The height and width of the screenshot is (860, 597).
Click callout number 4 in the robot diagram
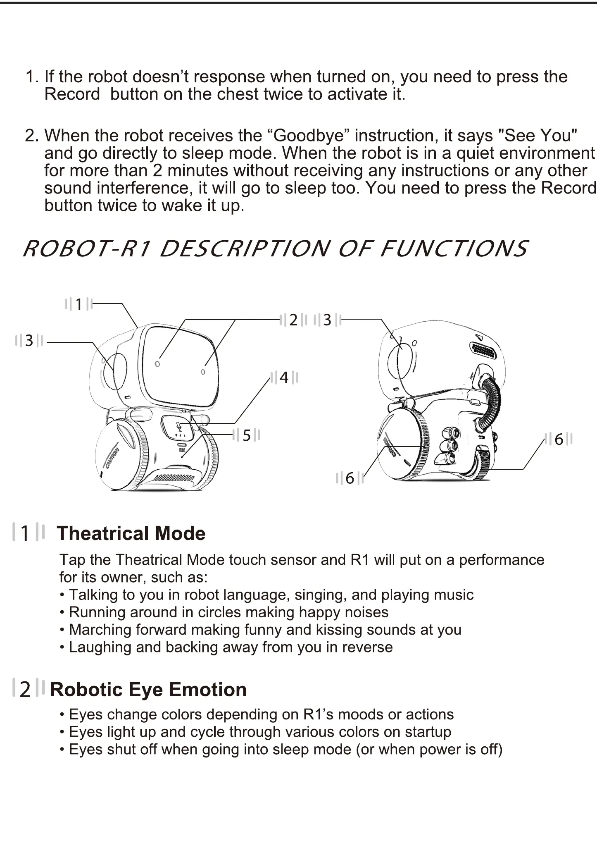pyautogui.click(x=284, y=377)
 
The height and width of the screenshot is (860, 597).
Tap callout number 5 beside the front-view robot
pyautogui.click(x=246, y=435)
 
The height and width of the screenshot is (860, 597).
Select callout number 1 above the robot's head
pyautogui.click(x=78, y=304)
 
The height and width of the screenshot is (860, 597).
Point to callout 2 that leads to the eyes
pyautogui.click(x=293, y=320)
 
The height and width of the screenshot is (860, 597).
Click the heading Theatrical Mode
pyautogui.click(x=131, y=533)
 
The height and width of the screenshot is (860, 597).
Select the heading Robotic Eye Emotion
pyautogui.click(x=148, y=689)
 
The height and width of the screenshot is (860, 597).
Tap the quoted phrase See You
pyautogui.click(x=538, y=136)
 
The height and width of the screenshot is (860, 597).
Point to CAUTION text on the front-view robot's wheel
pyautogui.click(x=112, y=458)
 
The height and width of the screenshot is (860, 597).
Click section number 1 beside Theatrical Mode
pyautogui.click(x=25, y=533)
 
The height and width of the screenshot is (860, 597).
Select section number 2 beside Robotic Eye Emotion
pyautogui.click(x=25, y=689)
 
